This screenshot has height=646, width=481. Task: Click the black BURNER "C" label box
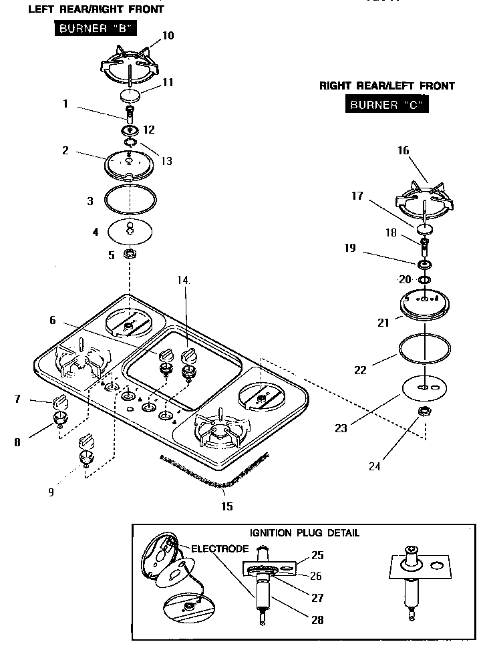coord(387,104)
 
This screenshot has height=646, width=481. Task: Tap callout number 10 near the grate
coord(168,35)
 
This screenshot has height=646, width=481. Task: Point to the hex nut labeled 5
coord(130,255)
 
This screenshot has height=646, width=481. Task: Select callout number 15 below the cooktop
coord(227,506)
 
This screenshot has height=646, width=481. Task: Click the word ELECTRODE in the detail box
coord(220,548)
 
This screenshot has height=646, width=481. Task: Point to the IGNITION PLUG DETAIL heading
coord(304,532)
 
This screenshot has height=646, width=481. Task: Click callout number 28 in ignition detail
coord(317,620)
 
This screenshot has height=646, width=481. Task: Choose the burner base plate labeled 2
coord(130,164)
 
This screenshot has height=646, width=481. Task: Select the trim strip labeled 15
coord(214,468)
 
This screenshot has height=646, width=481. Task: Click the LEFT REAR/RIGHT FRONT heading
coord(96,9)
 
